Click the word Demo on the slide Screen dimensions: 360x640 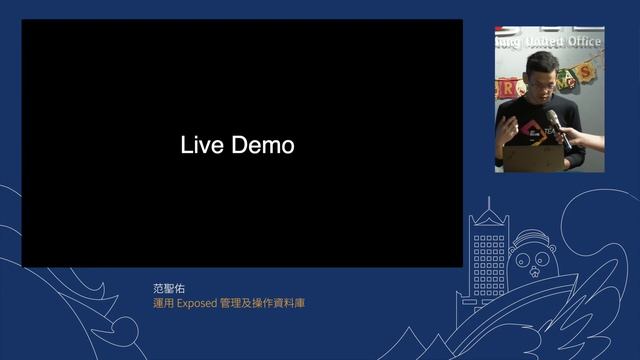[x=263, y=145]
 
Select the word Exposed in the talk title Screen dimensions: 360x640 [x=196, y=303]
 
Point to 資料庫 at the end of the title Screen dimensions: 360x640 [x=290, y=303]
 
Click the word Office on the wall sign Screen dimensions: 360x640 [x=584, y=43]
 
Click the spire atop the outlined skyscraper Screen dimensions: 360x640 [x=489, y=204]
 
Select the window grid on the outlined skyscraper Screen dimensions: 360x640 [x=489, y=260]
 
